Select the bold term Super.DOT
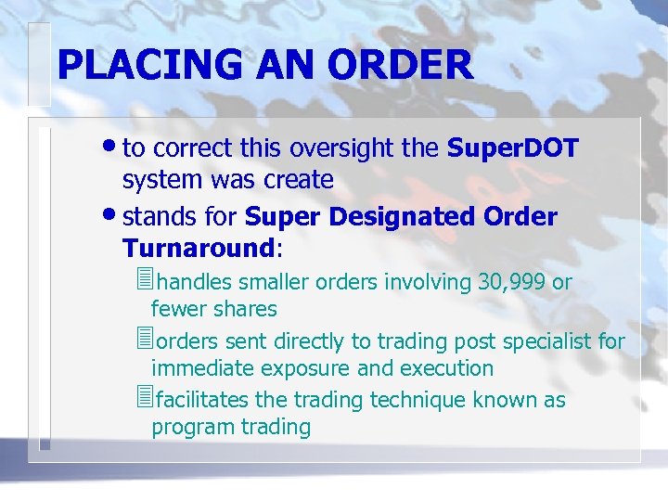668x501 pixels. click(513, 148)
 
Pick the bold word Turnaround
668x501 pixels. click(198, 248)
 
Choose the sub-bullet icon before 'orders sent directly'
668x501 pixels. click(142, 340)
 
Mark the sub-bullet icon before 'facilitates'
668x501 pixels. click(142, 399)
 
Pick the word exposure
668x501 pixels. click(307, 368)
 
